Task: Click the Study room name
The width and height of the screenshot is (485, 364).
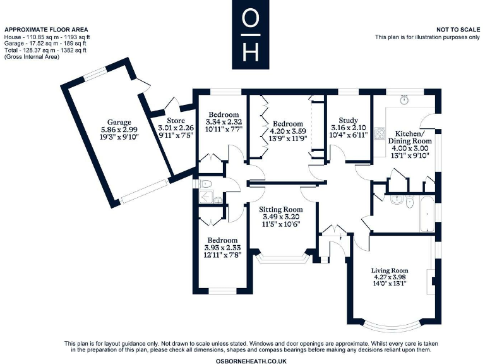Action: (349, 120)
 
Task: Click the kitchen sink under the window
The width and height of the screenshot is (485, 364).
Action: (404, 100)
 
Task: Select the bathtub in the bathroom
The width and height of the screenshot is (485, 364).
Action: (428, 214)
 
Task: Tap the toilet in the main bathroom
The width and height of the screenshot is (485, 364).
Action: (409, 202)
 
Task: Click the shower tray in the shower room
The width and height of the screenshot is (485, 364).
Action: (205, 197)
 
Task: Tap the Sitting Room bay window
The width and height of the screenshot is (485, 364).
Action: (282, 258)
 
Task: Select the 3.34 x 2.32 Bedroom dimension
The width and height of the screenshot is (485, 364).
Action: (224, 121)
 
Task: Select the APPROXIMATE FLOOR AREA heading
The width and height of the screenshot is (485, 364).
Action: (46, 30)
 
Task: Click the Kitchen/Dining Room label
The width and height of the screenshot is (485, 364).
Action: (414, 137)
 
